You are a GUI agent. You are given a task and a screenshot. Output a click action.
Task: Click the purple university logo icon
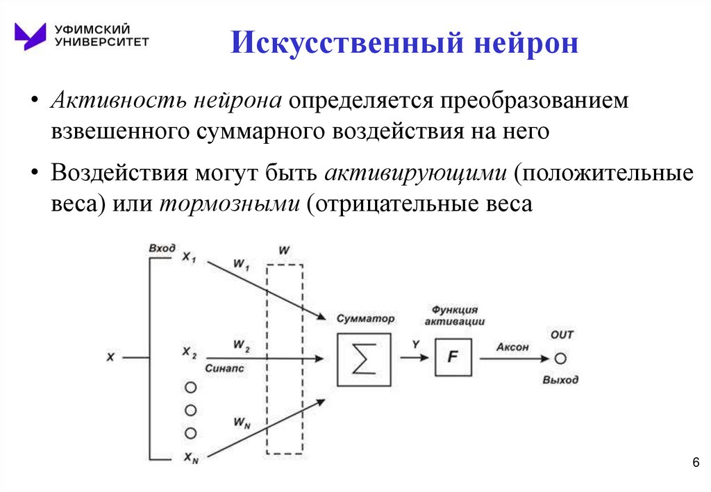pyautogui.click(x=31, y=36)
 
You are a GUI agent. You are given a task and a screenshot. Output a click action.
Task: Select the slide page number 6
pyautogui.click(x=696, y=464)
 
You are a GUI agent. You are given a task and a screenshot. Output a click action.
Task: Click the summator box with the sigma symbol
pyautogui.click(x=363, y=359)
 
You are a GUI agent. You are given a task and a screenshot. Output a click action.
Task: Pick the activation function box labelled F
pyautogui.click(x=453, y=358)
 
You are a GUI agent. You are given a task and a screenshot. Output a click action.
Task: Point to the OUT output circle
pyautogui.click(x=561, y=359)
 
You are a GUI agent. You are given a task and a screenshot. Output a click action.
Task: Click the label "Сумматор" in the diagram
pyautogui.click(x=365, y=318)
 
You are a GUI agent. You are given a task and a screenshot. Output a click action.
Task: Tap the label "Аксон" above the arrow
pyautogui.click(x=512, y=346)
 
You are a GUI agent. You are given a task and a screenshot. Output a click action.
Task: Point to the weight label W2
pyautogui.click(x=242, y=345)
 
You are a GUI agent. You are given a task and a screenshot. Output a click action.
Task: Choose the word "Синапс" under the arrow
pyautogui.click(x=225, y=369)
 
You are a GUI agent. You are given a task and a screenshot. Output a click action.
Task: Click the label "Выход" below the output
pyautogui.click(x=560, y=380)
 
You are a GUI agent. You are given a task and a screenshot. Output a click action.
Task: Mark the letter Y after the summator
pyautogui.click(x=415, y=344)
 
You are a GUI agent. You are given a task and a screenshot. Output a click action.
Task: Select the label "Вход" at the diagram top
pyautogui.click(x=162, y=248)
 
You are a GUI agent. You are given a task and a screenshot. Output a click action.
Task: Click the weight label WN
pyautogui.click(x=242, y=423)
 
